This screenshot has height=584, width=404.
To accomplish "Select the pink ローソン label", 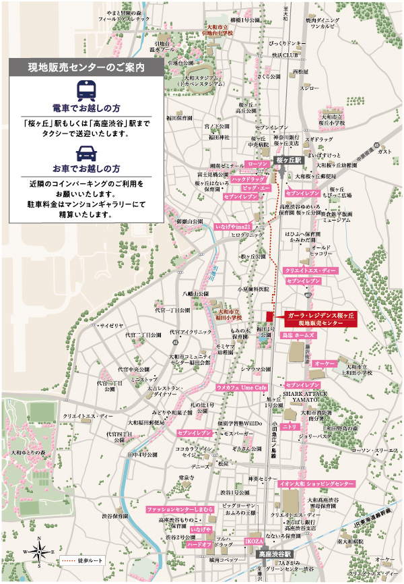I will click(x=257, y=164).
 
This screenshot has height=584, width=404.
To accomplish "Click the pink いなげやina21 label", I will click(x=234, y=226).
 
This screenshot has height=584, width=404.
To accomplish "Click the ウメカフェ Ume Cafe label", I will click(x=242, y=388).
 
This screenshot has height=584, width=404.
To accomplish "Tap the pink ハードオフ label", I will click(x=200, y=544).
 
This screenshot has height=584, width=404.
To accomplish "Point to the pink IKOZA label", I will click(x=254, y=542).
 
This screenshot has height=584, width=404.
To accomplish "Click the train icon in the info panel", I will click(x=87, y=89).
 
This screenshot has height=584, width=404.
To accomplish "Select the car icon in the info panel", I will click(x=87, y=152).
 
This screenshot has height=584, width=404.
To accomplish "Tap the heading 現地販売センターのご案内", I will click(x=87, y=67).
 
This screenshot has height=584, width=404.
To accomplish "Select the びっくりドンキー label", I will click(x=290, y=42).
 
